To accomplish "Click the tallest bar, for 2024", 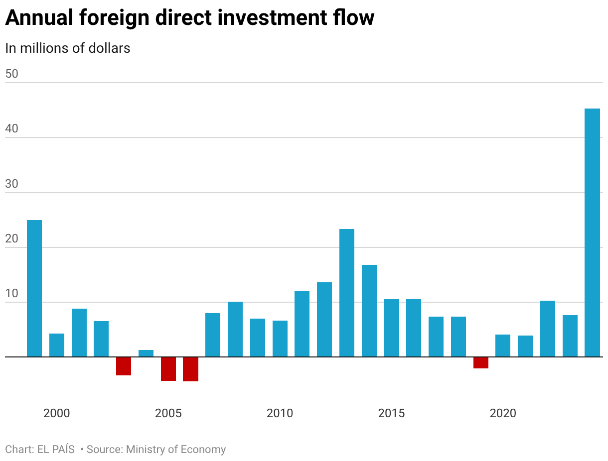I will point(592,232).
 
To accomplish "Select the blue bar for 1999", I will point(34,288).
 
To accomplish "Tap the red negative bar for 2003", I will point(124,366).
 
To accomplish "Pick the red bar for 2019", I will point(480,362).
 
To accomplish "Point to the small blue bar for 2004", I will point(146,353).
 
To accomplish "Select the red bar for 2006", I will point(190,369).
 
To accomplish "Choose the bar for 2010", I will point(280,339).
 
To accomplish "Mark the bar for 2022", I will point(547,329).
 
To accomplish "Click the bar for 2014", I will point(369,311).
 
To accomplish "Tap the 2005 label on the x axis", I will point(168,413).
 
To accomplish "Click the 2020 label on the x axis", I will point(503,413).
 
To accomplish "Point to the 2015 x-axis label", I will point(391,413).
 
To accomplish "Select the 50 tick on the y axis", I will point(11,74).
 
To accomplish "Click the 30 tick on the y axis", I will point(11,184).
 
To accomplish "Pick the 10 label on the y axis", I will point(11,294).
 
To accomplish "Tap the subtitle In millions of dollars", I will point(68,48).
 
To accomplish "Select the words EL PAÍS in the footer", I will point(55,450).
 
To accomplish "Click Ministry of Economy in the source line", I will point(175,450).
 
